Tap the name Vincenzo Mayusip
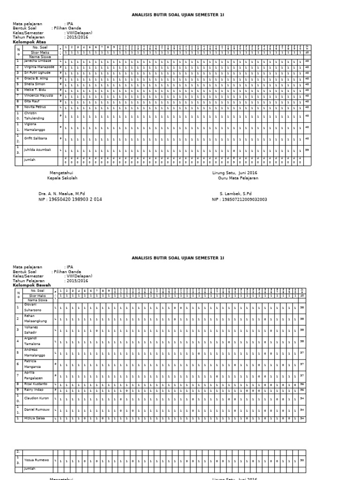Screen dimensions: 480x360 pos(39,96)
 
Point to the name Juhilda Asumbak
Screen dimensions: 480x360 pos(37,150)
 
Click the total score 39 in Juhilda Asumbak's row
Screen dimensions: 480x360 pos(307,150)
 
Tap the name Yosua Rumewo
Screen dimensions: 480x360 pos(36,460)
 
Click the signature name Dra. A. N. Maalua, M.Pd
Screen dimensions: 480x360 pos(62,194)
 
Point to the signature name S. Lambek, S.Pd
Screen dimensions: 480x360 pos(235,194)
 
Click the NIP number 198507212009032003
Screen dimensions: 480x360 pos(246,199)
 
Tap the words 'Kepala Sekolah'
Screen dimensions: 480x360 pos(62,178)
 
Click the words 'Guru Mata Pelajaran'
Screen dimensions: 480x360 pos(238,178)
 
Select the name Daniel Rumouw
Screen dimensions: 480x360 pos(37,410)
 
